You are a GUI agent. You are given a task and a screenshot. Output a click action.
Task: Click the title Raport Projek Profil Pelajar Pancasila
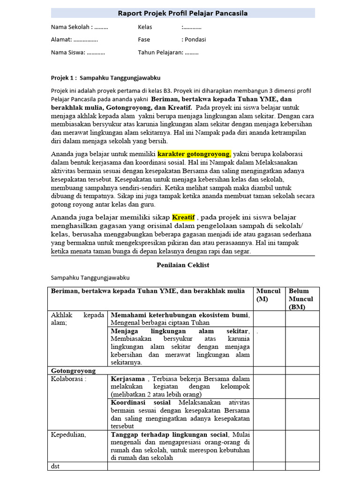pos(183,13)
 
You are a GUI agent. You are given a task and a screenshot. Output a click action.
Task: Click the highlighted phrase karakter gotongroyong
pos(194,154)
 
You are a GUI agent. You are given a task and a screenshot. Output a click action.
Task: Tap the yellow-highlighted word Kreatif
pos(183,217)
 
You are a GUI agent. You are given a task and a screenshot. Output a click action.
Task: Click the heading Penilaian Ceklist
pos(182,265)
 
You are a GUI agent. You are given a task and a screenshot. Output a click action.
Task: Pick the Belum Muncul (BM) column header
pos(301,299)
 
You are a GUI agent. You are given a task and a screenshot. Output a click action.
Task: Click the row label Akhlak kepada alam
pos(77,319)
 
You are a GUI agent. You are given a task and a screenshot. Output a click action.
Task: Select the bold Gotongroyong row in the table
pos(73,371)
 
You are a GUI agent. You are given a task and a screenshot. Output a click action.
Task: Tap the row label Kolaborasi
pos(68,379)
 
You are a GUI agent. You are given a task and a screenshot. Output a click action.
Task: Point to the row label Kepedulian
pos(68,435)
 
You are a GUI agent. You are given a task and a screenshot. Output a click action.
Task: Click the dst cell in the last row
pos(56,466)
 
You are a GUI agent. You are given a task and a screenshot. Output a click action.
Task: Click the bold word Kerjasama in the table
pos(128,379)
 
